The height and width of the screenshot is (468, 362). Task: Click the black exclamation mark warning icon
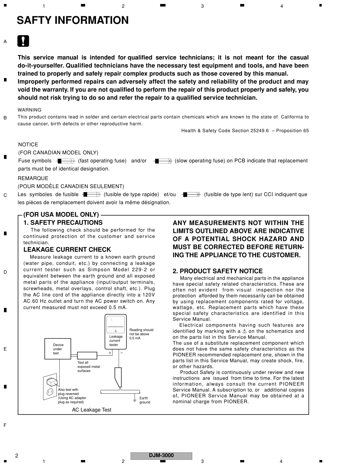pyautogui.click(x=23, y=41)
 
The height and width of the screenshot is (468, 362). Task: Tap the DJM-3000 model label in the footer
pyautogui.click(x=161, y=456)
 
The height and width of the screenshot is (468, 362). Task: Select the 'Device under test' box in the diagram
pyautogui.click(x=58, y=349)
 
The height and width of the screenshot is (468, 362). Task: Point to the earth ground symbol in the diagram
pyautogui.click(x=135, y=400)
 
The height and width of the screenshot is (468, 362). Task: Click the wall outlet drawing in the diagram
pyautogui.click(x=50, y=387)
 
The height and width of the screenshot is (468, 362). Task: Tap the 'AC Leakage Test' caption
pyautogui.click(x=91, y=410)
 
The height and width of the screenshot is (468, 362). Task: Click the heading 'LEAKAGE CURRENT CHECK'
pyautogui.click(x=67, y=250)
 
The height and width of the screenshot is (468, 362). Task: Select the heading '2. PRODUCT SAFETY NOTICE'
pyautogui.click(x=217, y=271)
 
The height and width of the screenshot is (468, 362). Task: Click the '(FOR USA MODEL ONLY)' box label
pyautogui.click(x=61, y=215)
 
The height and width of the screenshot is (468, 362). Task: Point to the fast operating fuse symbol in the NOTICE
pyautogui.click(x=66, y=161)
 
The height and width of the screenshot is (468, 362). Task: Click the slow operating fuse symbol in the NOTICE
pyautogui.click(x=163, y=161)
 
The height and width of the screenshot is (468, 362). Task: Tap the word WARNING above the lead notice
pyautogui.click(x=30, y=110)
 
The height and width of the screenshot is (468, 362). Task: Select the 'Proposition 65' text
pyautogui.click(x=292, y=131)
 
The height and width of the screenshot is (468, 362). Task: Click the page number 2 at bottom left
pyautogui.click(x=17, y=456)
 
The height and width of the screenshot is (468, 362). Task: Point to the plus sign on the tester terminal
pyautogui.click(x=110, y=353)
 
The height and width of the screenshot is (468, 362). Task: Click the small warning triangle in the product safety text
pyautogui.click(x=244, y=331)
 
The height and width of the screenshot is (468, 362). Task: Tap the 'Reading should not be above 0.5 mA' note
pyautogui.click(x=141, y=334)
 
